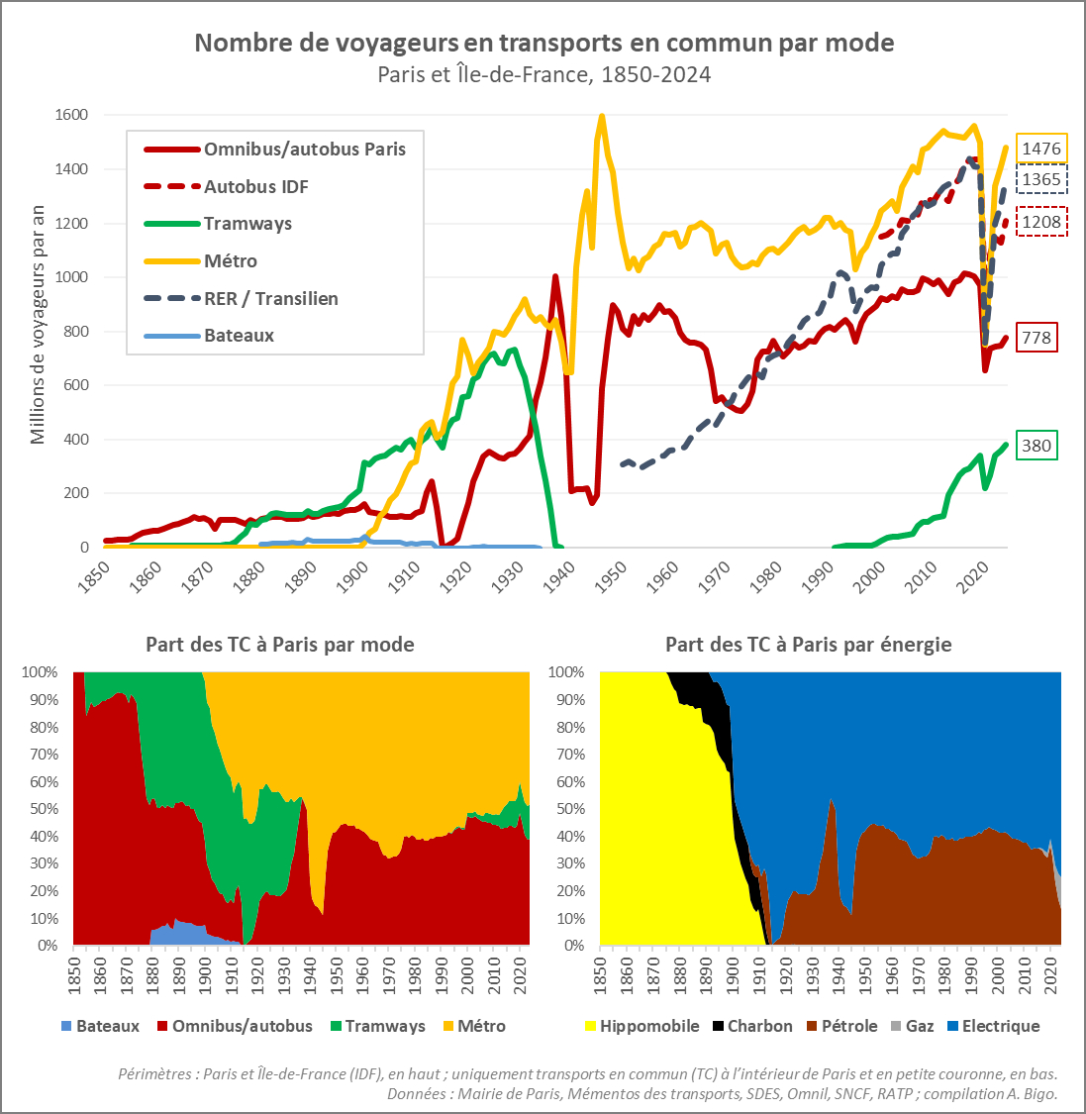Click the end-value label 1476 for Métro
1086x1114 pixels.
(1041, 149)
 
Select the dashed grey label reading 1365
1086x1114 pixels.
(1041, 179)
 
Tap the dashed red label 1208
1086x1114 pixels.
(1041, 222)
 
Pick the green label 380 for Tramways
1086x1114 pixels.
(1036, 446)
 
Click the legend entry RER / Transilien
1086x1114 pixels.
(270, 298)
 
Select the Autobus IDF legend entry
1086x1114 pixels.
(256, 186)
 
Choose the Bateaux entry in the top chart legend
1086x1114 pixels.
(239, 336)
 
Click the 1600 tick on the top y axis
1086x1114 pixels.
(69, 115)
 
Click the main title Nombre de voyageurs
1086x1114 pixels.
(543, 43)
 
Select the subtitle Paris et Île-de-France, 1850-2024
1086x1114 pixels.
(543, 75)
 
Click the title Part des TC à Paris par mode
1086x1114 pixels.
(279, 645)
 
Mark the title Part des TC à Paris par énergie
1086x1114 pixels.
(808, 645)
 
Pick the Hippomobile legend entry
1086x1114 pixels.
(648, 1026)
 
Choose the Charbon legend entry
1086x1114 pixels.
(759, 1026)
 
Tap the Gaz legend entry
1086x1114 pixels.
(919, 1026)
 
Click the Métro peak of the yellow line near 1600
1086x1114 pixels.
(602, 116)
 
